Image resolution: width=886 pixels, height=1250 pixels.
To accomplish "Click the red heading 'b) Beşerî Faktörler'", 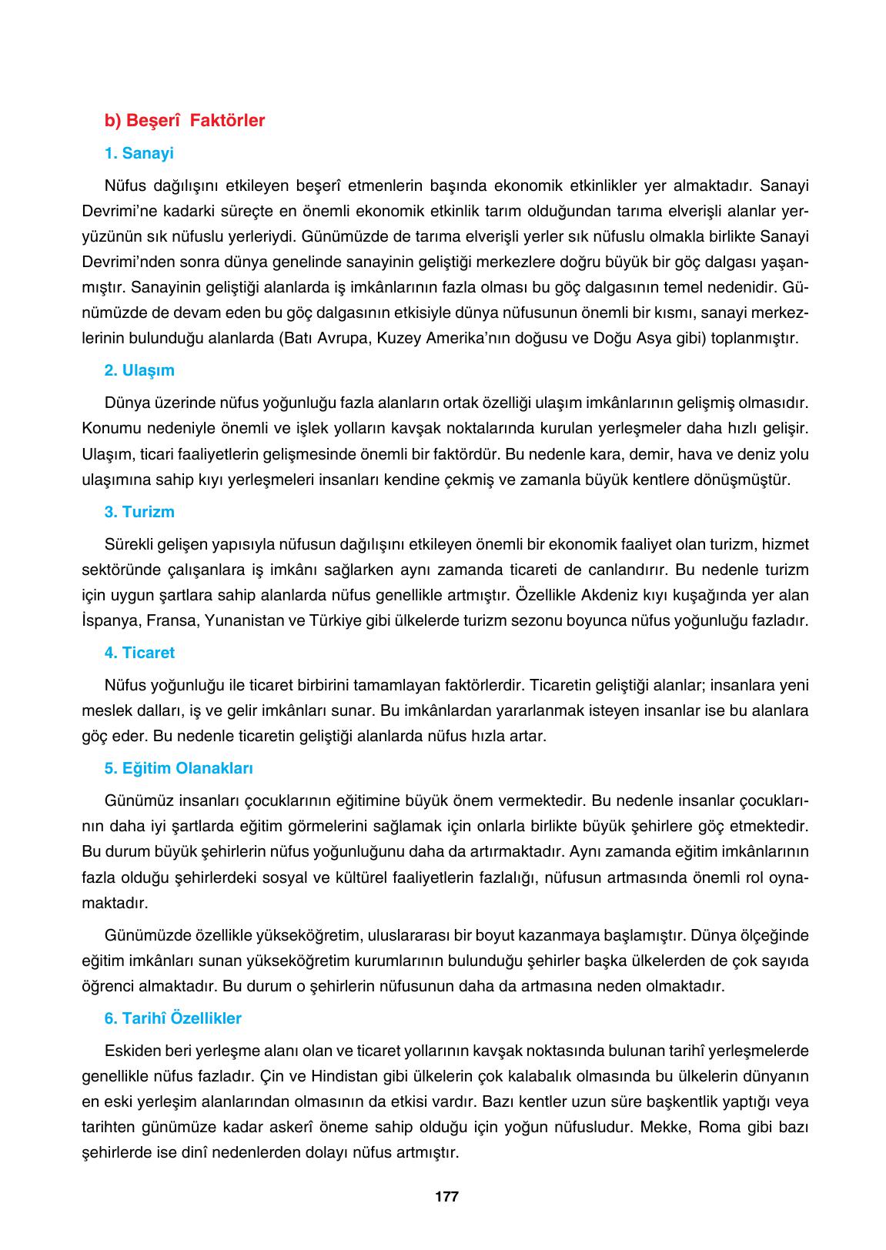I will tap(185, 121).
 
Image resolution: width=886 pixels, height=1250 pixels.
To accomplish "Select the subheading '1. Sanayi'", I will tap(139, 153).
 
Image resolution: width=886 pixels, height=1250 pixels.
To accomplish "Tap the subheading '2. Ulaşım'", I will tap(139, 370).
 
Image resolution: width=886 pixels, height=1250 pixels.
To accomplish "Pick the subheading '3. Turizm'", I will tap(139, 512).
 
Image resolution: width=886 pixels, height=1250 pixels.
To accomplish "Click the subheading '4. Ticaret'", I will tap(139, 653).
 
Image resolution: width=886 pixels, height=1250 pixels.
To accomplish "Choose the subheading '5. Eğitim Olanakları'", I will tap(179, 768).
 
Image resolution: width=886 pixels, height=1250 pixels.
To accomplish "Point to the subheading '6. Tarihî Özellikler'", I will tap(173, 1018).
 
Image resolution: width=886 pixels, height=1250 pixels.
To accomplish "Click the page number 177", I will tap(446, 1197).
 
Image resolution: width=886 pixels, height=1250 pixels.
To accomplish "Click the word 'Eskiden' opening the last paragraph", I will tap(130, 1051).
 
